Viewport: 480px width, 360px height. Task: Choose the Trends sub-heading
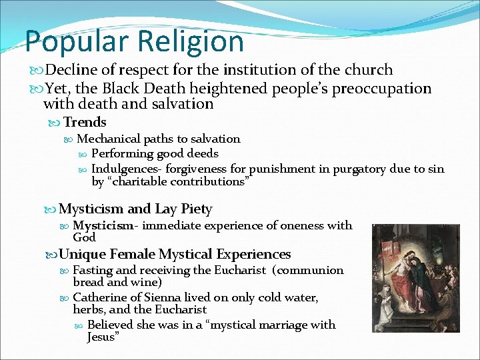[x=85, y=122]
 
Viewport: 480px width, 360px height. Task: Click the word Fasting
[x=93, y=270]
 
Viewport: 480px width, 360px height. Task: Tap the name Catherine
[x=101, y=297]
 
